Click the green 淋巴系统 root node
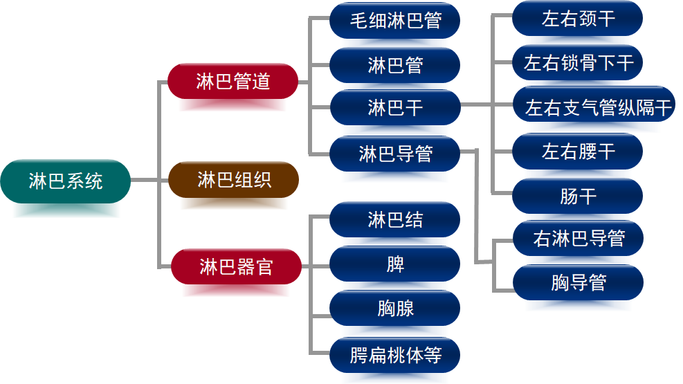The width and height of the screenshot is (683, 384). pyautogui.click(x=66, y=181)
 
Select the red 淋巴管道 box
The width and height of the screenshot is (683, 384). pyautogui.click(x=233, y=82)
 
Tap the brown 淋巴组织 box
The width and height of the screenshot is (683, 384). pyautogui.click(x=234, y=181)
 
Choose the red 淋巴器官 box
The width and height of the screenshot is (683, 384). pyautogui.click(x=236, y=266)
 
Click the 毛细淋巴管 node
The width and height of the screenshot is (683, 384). pyautogui.click(x=395, y=21)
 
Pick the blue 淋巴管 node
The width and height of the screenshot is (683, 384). pyautogui.click(x=395, y=66)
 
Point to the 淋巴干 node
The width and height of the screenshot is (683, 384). pyautogui.click(x=395, y=107)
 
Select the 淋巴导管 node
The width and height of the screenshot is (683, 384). pyautogui.click(x=395, y=153)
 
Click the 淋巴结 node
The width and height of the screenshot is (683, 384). pyautogui.click(x=395, y=220)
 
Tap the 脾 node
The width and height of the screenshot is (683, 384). pyautogui.click(x=395, y=264)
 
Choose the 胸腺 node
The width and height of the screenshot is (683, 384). pyautogui.click(x=395, y=308)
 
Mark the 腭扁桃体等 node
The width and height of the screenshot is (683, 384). pyautogui.click(x=395, y=356)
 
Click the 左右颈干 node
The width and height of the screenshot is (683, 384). pyautogui.click(x=578, y=19)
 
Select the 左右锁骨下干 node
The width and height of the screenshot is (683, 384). pyautogui.click(x=578, y=63)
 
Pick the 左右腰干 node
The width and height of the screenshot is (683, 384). pyautogui.click(x=578, y=152)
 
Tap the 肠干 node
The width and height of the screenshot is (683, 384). pyautogui.click(x=578, y=196)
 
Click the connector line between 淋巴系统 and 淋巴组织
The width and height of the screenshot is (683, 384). pyautogui.click(x=149, y=181)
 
